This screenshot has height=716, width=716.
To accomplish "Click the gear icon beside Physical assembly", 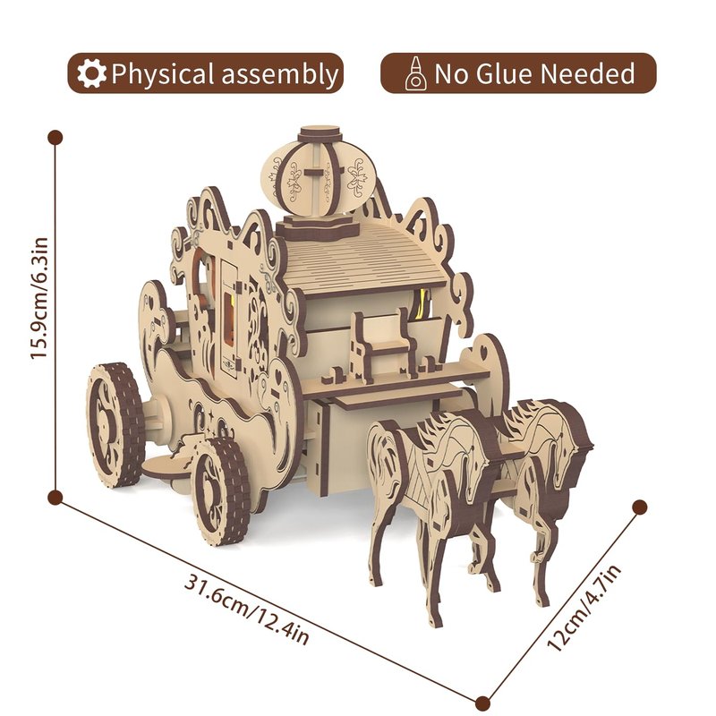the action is pos(91,73).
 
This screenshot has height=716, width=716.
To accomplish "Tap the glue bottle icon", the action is pos(415,73).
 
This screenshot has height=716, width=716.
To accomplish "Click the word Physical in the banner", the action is pos(163,74).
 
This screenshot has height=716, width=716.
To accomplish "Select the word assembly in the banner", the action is pos(279,74).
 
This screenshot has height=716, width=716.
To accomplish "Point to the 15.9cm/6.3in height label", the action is pos(39,298).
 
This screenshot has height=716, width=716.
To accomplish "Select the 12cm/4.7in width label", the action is pos(584,608).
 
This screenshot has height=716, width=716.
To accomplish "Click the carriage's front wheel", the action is pos(221,490).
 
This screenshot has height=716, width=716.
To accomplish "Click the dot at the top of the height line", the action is pos(55,138).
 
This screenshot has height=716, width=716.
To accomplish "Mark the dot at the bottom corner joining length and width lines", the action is pos(482,703).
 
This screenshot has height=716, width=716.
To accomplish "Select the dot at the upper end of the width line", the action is pos(640,507).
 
